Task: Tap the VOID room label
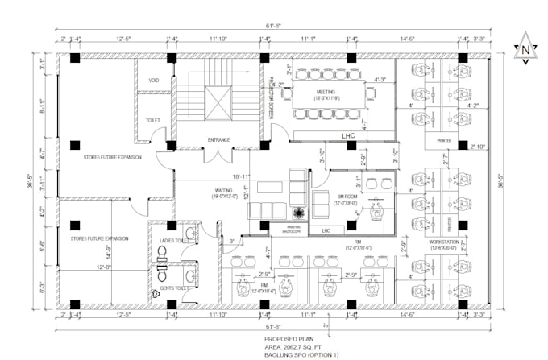click(155, 81)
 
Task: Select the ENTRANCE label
click(218, 140)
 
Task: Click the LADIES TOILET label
click(173, 240)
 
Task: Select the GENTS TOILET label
click(174, 288)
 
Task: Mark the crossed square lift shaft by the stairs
click(218, 101)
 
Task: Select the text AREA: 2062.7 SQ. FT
click(296, 347)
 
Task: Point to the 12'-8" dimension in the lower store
click(104, 267)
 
